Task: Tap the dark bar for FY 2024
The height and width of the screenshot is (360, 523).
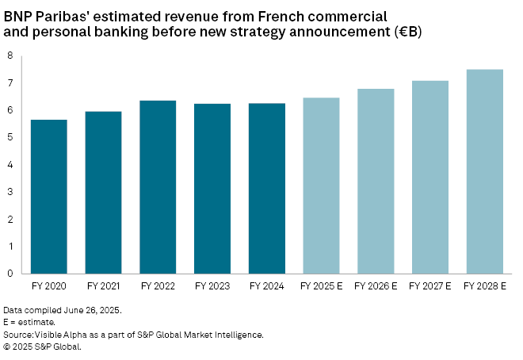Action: (x=266, y=189)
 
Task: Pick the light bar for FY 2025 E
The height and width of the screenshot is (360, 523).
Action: (x=321, y=186)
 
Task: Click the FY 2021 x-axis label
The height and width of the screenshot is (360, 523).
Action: (x=103, y=284)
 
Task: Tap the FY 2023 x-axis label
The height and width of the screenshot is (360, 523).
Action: (x=212, y=284)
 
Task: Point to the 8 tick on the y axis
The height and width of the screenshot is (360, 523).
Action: (x=10, y=56)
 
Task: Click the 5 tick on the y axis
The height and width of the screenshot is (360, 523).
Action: (x=10, y=137)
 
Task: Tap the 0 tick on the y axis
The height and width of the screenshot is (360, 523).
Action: (x=10, y=274)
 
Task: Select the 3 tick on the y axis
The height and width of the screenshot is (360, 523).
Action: (x=10, y=192)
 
